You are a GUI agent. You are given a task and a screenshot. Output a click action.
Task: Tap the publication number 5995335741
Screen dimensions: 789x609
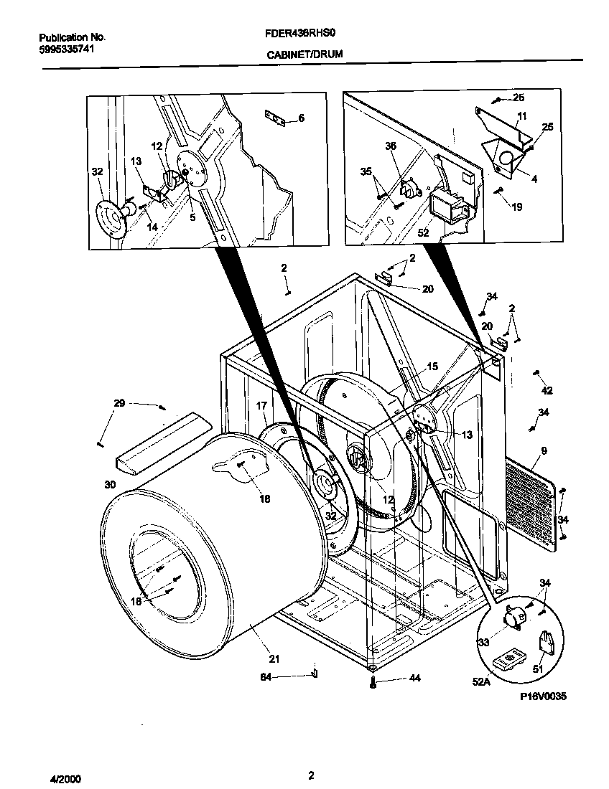point(66,49)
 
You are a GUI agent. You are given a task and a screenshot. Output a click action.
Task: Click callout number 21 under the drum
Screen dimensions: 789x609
point(274,659)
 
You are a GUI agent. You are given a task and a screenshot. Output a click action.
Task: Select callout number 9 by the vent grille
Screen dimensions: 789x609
point(544,450)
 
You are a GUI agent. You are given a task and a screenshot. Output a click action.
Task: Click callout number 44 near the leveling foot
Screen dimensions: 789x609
point(394,678)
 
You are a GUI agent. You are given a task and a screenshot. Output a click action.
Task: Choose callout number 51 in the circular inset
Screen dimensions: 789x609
point(537,669)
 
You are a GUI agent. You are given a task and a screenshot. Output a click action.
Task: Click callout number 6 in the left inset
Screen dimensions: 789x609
point(301,118)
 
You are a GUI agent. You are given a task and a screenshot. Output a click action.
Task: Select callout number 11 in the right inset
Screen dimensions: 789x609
point(521,115)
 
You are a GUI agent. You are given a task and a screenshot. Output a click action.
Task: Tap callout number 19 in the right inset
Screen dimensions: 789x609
point(517,207)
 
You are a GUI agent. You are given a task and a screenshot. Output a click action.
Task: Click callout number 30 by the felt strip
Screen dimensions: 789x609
point(110,485)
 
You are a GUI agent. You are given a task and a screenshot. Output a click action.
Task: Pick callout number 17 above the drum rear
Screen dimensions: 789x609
point(262,406)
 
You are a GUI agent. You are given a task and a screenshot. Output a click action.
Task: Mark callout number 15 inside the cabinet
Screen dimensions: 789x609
point(432,367)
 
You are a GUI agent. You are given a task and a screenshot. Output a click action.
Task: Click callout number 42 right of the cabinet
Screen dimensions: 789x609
point(547,391)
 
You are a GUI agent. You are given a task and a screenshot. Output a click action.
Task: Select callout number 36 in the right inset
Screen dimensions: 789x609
point(391,146)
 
